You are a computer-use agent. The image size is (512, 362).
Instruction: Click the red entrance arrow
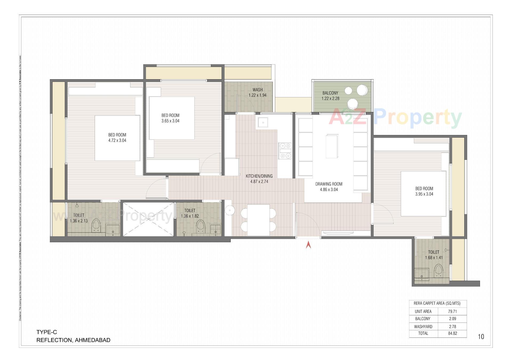click(x=308, y=245)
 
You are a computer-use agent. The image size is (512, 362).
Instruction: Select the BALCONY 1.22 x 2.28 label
click(x=330, y=96)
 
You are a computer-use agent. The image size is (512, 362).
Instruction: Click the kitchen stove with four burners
click(x=285, y=151)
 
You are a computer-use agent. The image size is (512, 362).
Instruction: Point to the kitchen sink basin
click(x=263, y=122)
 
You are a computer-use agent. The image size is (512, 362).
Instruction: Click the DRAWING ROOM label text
click(x=329, y=186)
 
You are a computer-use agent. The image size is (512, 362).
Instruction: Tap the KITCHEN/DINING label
click(x=259, y=178)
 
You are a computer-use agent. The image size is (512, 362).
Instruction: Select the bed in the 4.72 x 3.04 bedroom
click(x=117, y=138)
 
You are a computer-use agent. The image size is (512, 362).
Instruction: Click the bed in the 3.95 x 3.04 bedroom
click(x=423, y=194)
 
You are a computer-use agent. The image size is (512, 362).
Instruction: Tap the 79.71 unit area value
click(x=452, y=311)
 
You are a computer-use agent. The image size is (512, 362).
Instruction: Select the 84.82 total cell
click(x=452, y=333)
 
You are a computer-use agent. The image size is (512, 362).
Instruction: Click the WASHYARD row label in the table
click(x=423, y=327)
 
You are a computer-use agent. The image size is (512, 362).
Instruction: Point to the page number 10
click(x=481, y=337)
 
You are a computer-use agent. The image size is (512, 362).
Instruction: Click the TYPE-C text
click(x=47, y=332)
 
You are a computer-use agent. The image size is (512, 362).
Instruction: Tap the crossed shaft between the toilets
click(x=148, y=219)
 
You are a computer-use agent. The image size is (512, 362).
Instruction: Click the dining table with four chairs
click(x=258, y=220)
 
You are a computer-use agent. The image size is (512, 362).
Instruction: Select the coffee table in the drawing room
click(x=332, y=146)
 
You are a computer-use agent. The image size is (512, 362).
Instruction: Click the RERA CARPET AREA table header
click(x=438, y=303)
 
